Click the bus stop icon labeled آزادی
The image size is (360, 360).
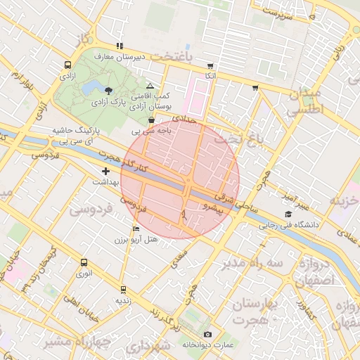pyautogui.click(x=67, y=64)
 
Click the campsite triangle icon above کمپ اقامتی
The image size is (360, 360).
pyautogui.click(x=150, y=85)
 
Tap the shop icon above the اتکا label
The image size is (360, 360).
pyautogui.click(x=210, y=65)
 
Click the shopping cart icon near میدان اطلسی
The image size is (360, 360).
pyautogui.click(x=255, y=88)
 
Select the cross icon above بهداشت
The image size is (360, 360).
pyautogui.click(x=105, y=171)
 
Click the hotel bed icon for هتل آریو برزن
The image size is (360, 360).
pyautogui.click(x=136, y=229)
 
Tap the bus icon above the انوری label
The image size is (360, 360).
pyautogui.click(x=84, y=262)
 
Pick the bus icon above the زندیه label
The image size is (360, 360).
pyautogui.click(x=123, y=289)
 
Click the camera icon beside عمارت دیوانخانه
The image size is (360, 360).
pyautogui.click(x=207, y=334)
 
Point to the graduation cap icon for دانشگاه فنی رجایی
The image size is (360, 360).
pyautogui.click(x=288, y=214)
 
